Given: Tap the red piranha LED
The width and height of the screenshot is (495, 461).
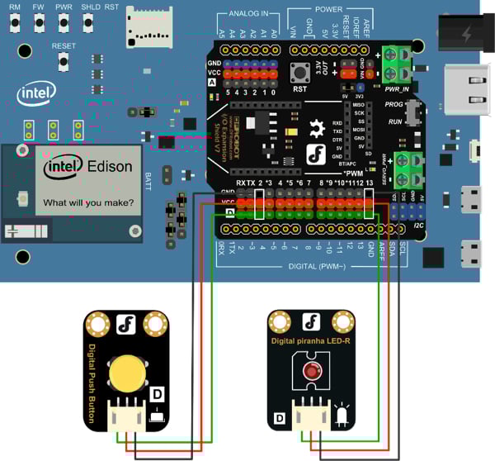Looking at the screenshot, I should [311, 369].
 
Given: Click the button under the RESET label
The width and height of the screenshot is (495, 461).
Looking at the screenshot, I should [64, 63].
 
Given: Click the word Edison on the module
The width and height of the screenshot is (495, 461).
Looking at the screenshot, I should [109, 167].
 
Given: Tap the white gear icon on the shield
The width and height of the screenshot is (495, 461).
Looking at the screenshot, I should [316, 128].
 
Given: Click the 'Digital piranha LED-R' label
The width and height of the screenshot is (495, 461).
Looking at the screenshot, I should [311, 340].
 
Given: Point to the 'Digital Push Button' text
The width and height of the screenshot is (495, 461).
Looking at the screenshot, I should [92, 384].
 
